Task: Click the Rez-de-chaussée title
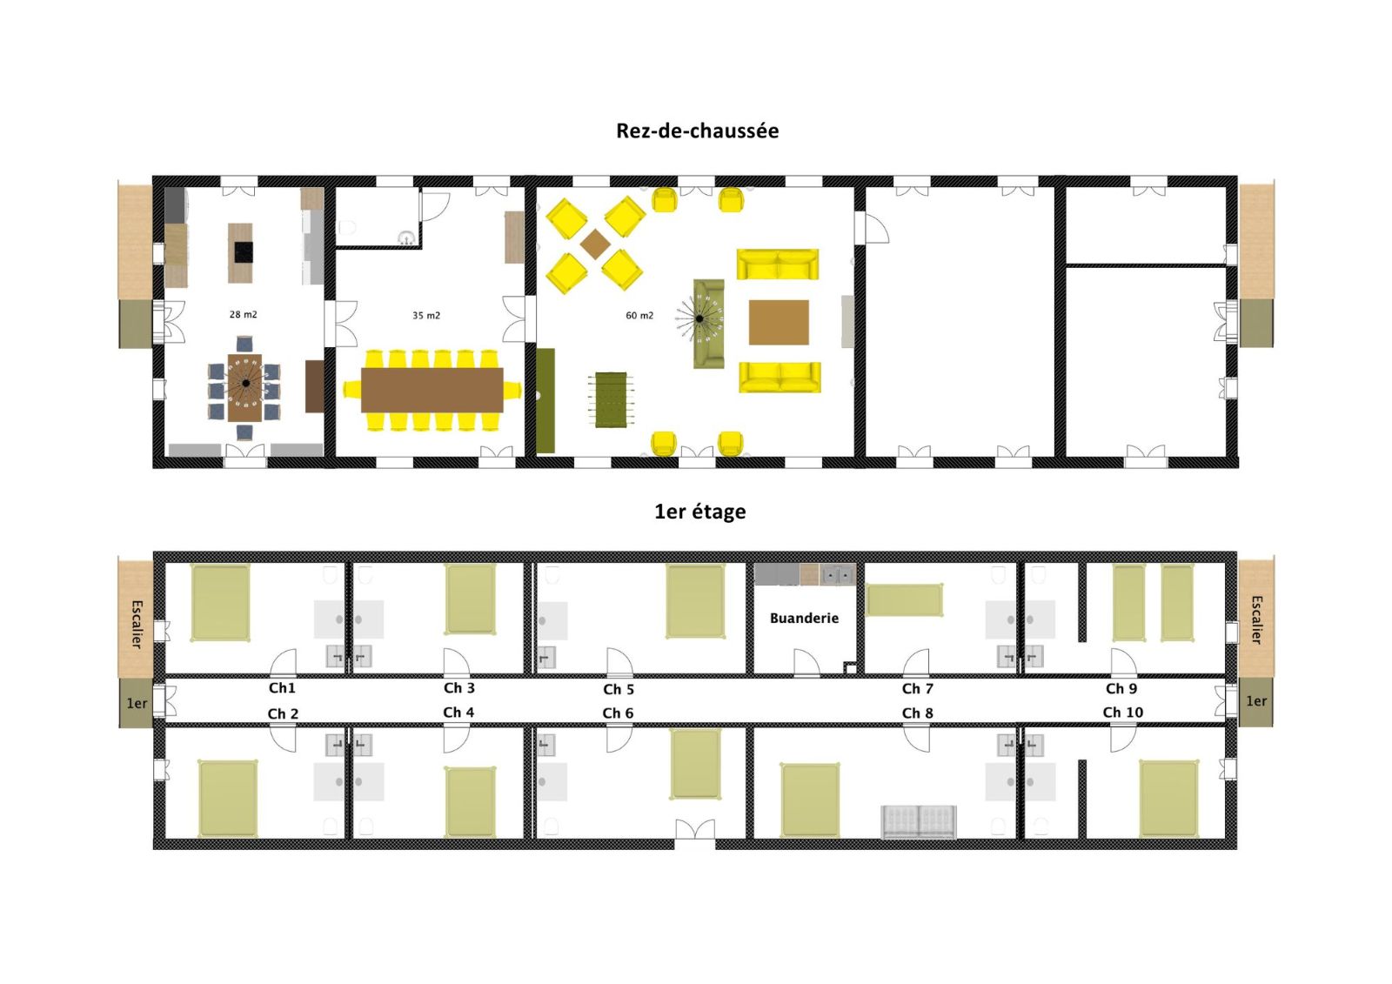pos(697,131)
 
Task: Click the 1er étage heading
pos(699,512)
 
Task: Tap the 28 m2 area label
pos(243,315)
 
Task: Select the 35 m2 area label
pos(425,316)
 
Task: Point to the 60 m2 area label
pos(639,316)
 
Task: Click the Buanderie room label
pos(804,619)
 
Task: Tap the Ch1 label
pos(282,688)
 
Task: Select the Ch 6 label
pos(618,713)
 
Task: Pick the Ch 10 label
pos(1122,713)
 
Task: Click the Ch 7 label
pos(917,689)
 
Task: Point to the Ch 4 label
pos(458,713)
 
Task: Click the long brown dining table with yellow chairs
pos(432,390)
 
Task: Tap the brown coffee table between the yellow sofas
pos(779,322)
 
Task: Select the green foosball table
pos(611,399)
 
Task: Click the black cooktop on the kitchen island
pos(243,251)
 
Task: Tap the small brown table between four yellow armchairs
pos(595,244)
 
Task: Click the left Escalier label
pos(137,623)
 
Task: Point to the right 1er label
pos(1256,701)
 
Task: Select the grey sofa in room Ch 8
pos(919,821)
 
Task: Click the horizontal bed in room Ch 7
pos(905,600)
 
